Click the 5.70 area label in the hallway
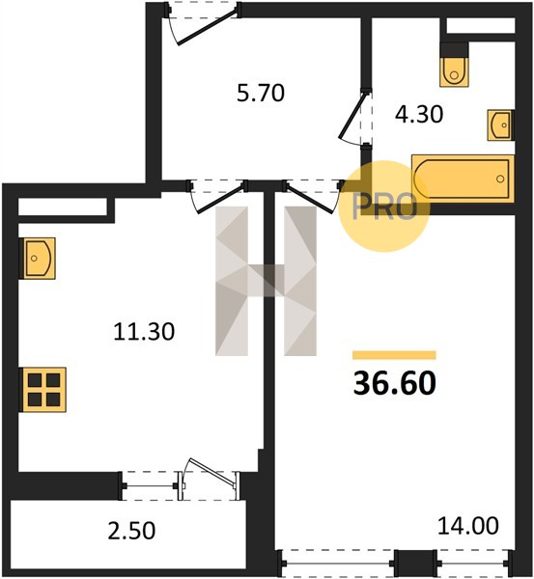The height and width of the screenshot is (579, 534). coord(261,93)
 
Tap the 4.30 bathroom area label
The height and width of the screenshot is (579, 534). coord(419,114)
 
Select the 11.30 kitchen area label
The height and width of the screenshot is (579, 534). coord(144,331)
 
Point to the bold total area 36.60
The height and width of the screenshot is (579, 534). coord(395,383)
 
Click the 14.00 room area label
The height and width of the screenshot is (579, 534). coord(467,526)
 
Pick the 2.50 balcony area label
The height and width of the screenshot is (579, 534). coord(131,530)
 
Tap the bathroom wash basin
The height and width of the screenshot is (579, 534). coord(500,125)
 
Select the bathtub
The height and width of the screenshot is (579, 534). coord(463,179)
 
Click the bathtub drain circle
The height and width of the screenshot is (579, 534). coord(500,179)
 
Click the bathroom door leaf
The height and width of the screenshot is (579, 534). coord(353,116)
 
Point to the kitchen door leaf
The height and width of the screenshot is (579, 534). coord(221,199)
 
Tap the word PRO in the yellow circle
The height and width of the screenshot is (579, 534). coord(384,207)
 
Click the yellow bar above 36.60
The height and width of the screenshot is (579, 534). coord(394,355)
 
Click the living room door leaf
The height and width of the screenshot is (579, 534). coord(310,199)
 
